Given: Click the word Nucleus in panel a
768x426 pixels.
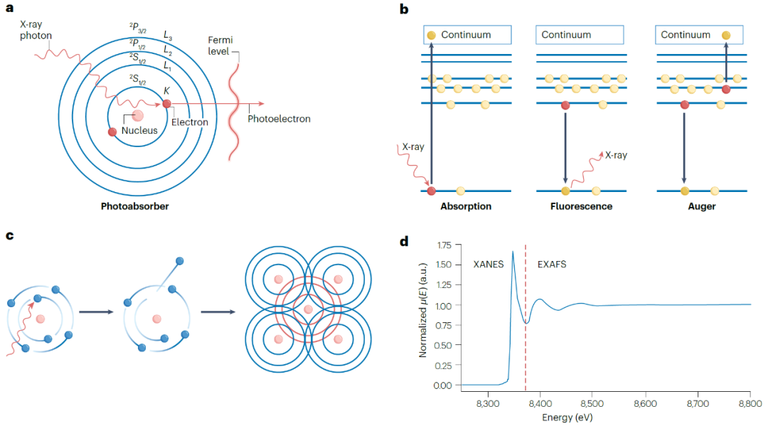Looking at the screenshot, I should click(139, 130).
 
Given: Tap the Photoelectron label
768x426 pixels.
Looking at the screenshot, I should click(279, 119).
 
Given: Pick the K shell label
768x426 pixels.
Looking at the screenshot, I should click(166, 90).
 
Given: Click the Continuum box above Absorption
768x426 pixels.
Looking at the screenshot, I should click(464, 35).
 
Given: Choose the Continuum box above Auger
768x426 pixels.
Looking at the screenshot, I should click(698, 35).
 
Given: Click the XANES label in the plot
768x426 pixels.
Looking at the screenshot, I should click(489, 263).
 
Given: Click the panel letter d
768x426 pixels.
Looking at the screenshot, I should click(403, 242).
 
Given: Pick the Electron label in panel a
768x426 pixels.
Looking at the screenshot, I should click(190, 122).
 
